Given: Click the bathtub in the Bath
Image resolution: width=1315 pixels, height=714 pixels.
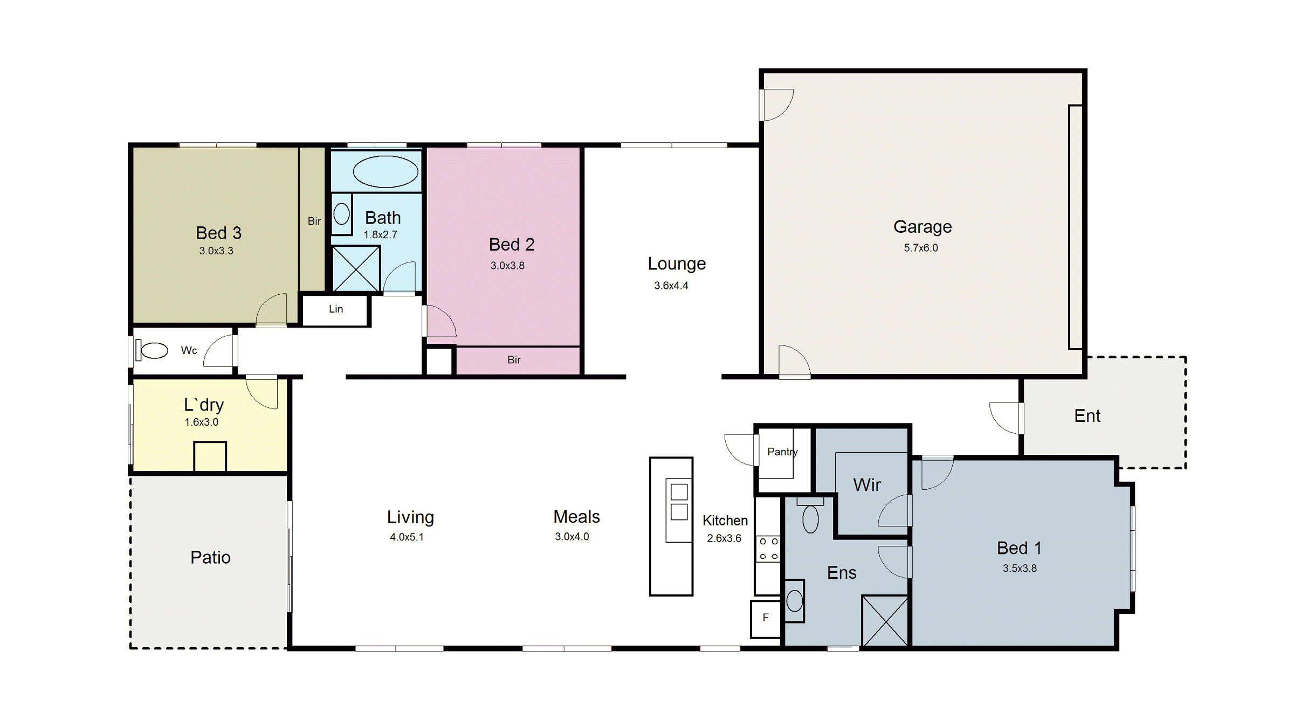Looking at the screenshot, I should coord(385,172).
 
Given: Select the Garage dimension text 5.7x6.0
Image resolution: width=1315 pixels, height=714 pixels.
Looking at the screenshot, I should coord(921,248).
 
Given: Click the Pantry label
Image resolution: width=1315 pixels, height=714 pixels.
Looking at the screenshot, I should coord(782,452).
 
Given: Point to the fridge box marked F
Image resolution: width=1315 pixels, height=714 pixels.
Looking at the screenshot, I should coord(766,618).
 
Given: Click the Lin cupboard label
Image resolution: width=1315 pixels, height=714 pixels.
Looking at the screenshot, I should coord(336,309).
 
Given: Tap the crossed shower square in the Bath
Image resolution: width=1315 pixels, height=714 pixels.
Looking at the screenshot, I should coord(356,268).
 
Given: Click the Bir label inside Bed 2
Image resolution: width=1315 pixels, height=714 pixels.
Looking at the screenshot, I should coord(514,359).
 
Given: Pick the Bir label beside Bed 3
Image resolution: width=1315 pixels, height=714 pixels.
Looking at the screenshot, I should coord(314,221).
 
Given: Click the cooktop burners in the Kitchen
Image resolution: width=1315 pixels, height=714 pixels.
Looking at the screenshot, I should coord(768,549).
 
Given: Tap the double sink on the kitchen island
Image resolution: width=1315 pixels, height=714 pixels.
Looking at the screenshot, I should coord(679,502).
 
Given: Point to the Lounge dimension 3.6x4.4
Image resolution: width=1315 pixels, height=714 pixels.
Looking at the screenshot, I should coord(671,286).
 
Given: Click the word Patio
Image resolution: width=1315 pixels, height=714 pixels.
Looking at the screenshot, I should coord(210,557).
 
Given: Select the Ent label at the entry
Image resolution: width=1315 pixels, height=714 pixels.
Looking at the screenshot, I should coord(1087,415).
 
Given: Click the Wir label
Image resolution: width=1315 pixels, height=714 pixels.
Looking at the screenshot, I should coord(867,484).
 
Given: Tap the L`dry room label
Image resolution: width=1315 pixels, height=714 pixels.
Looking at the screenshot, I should coord(204,405).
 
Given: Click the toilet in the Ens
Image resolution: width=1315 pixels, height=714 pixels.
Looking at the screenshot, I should coord(810,516).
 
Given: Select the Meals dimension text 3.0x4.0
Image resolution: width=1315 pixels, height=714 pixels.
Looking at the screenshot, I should coord(572,537).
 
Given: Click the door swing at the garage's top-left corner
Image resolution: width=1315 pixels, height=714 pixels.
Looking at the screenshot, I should coord(776,105).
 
